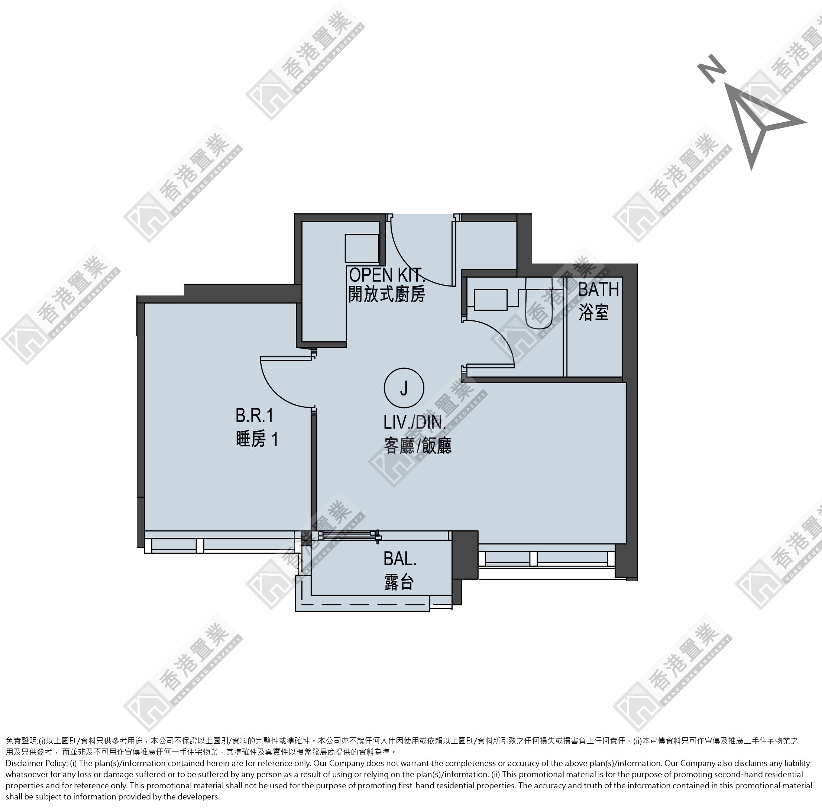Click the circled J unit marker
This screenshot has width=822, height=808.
click(x=404, y=388)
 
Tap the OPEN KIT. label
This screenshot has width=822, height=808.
click(x=386, y=275)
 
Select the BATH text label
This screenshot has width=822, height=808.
click(x=598, y=290)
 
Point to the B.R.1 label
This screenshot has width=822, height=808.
click(x=254, y=416)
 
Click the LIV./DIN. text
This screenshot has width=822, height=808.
click(x=415, y=422)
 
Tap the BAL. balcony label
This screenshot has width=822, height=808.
click(x=400, y=559)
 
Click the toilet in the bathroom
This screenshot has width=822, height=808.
click(x=539, y=303)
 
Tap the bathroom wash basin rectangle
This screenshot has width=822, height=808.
click(x=491, y=300)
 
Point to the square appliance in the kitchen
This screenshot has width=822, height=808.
click(x=362, y=248)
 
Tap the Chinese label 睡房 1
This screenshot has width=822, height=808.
click(x=257, y=440)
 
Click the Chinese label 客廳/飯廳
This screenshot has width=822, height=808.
click(x=418, y=446)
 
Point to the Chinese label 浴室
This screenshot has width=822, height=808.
click(x=594, y=313)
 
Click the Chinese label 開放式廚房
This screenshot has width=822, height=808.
click(x=386, y=294)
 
